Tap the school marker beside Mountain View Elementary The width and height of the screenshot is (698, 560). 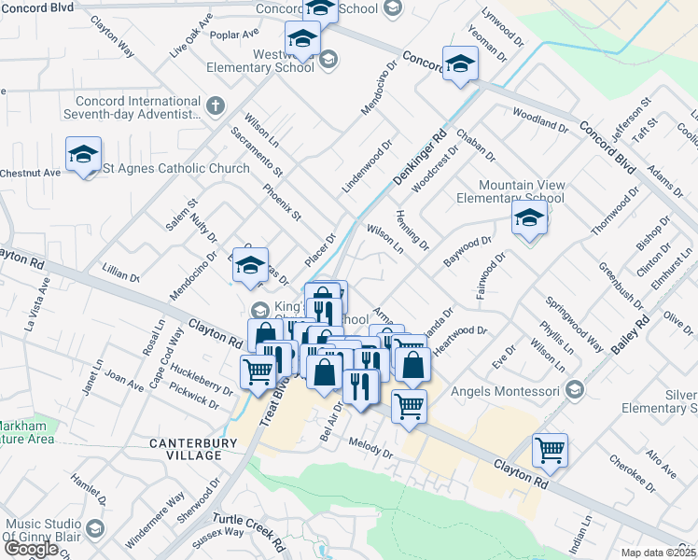click(x=528, y=220)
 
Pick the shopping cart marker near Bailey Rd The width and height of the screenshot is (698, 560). click(x=550, y=451)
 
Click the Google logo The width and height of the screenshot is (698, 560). click(x=31, y=549)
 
